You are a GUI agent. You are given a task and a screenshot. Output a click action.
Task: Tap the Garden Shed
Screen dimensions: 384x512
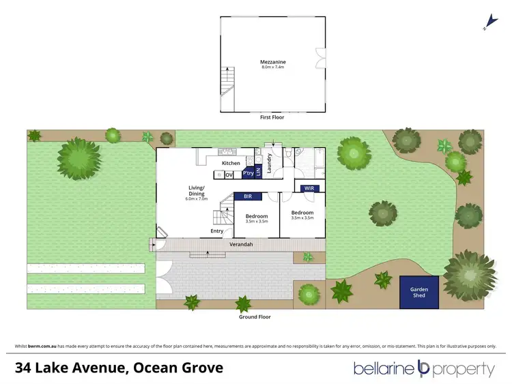pyautogui.click(x=419, y=292)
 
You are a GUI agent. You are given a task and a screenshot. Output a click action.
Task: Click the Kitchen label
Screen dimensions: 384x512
pyautogui.click(x=231, y=164)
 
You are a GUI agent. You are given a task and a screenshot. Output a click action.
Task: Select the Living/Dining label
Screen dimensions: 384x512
pyautogui.click(x=197, y=193)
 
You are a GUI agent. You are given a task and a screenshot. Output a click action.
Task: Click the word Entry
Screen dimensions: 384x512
pyautogui.click(x=217, y=231)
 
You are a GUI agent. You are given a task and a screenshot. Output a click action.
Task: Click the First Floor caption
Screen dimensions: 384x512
pyautogui.click(x=272, y=117)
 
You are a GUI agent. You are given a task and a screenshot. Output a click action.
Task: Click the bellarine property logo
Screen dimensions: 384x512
pyautogui.click(x=423, y=369)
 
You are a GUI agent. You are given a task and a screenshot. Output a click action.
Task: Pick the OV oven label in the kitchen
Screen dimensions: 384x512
pyautogui.click(x=229, y=175)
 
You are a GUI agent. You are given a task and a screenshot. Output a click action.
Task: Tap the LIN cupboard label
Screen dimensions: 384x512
pyautogui.click(x=258, y=173)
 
